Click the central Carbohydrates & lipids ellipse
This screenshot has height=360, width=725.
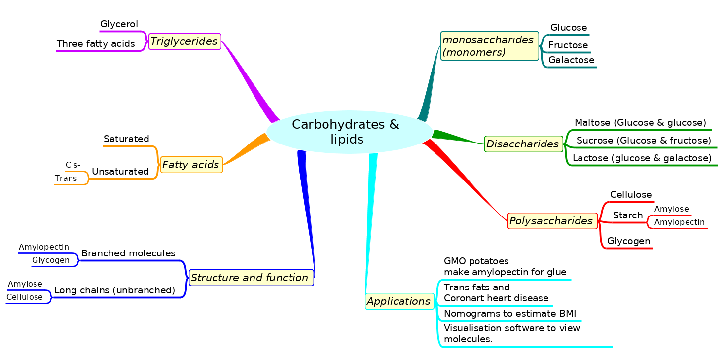[x=348, y=132]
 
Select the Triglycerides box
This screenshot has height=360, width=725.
[x=184, y=41]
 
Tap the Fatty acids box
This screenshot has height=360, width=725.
[x=191, y=165]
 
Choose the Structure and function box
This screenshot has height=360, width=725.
[x=251, y=278]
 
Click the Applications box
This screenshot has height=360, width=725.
[x=399, y=301]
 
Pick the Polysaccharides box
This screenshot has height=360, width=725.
[x=552, y=221]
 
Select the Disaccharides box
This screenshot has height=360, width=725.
[x=523, y=144]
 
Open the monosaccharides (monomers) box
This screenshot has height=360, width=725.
[x=489, y=46]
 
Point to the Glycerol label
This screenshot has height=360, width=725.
[x=119, y=24]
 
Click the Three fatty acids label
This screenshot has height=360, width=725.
[x=96, y=44]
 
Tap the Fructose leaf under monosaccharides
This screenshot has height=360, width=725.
[x=568, y=45]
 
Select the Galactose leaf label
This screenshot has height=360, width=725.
[x=571, y=60]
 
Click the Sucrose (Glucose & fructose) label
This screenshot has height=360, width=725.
[x=643, y=141]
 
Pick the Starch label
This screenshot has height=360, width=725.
[x=627, y=216]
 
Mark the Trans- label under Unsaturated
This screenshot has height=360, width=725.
[x=67, y=179]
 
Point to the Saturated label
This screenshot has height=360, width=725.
[x=126, y=139]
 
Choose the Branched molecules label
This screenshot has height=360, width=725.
[x=128, y=253]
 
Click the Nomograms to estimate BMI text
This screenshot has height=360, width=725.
[x=510, y=314]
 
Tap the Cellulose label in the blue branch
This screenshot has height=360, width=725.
[x=25, y=297]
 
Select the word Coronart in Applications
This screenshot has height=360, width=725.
[x=464, y=298]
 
